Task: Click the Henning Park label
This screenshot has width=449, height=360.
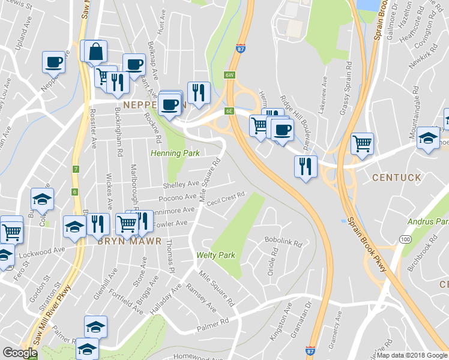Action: [174, 154]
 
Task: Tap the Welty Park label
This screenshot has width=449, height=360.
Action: [215, 255]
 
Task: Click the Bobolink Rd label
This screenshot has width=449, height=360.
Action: [282, 242]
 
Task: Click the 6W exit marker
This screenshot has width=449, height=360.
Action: [229, 75]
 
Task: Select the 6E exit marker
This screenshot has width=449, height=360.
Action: [229, 111]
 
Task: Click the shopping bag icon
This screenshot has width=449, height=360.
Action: [95, 53]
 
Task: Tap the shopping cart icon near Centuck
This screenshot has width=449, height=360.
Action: [362, 144]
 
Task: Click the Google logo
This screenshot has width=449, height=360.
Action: [20, 353]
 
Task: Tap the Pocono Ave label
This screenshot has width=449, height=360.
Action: [178, 197]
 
